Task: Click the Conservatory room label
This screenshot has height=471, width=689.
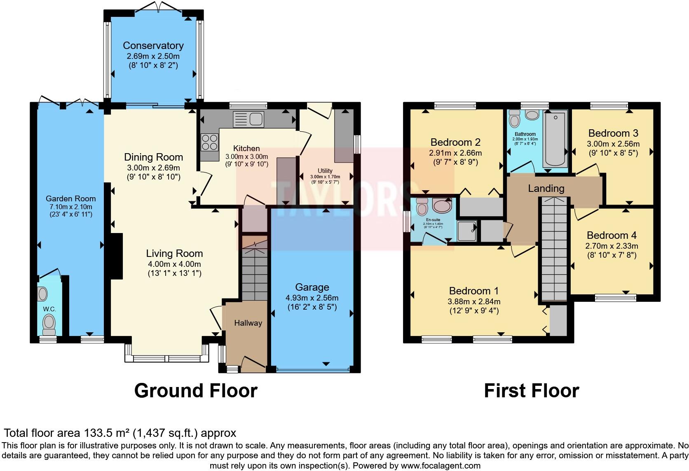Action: (x=153, y=46)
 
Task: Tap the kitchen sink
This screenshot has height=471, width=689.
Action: (x=248, y=119)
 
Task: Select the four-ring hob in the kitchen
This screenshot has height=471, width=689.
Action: (x=209, y=142)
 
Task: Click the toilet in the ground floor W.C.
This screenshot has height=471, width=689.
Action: (x=49, y=324)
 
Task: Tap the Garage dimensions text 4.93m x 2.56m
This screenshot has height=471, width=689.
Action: (x=312, y=298)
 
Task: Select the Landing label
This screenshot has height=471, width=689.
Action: (x=546, y=189)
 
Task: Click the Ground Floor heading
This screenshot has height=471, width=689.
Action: (x=196, y=390)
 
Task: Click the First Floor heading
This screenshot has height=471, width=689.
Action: (x=531, y=390)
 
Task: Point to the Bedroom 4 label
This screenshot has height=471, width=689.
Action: (x=612, y=235)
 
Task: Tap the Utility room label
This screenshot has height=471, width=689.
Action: (x=325, y=171)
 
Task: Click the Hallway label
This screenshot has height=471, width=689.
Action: (x=248, y=323)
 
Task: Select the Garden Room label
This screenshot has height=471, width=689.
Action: (x=70, y=198)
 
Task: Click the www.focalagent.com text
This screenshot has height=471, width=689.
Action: (x=440, y=466)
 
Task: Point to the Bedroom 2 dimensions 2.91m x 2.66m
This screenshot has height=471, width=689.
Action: (x=455, y=153)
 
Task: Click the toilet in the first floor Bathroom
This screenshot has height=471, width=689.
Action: (x=514, y=120)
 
